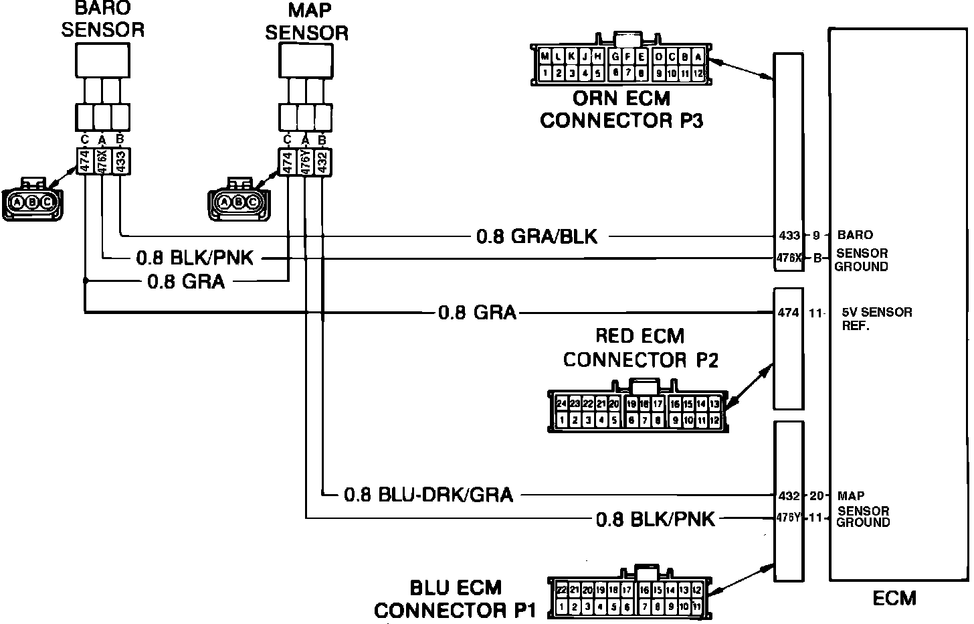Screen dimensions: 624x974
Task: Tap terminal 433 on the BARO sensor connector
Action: click(x=120, y=161)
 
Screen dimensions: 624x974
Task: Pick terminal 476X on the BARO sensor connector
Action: click(x=102, y=161)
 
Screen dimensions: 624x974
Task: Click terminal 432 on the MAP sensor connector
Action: click(x=322, y=163)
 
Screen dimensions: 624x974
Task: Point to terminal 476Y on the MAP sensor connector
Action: click(x=305, y=163)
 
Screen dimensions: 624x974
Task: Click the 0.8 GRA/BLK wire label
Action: click(x=537, y=236)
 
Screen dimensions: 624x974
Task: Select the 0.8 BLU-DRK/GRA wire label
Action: click(x=428, y=495)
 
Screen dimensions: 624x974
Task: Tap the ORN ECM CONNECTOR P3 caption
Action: click(x=621, y=110)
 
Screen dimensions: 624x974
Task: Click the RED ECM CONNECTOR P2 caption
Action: click(x=640, y=347)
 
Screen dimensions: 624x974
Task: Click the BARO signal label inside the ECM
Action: click(x=855, y=235)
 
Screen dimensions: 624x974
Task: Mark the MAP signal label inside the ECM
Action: click(x=851, y=496)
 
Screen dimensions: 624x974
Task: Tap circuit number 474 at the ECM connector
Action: click(x=789, y=313)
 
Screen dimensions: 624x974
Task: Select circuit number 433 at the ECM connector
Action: click(x=789, y=236)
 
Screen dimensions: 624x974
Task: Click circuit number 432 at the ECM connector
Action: click(x=789, y=496)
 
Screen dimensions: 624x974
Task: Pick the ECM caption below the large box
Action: click(x=894, y=597)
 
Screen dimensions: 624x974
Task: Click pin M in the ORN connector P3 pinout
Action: click(x=545, y=57)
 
